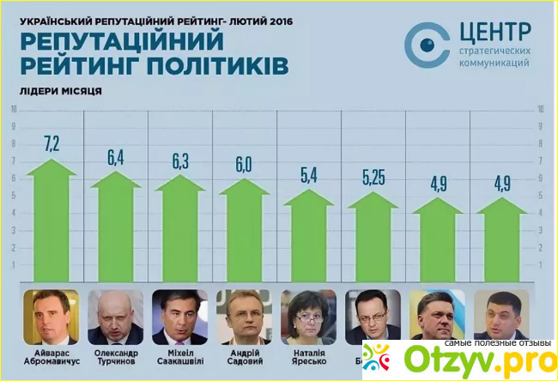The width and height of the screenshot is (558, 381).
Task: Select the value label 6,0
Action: tap(243, 164)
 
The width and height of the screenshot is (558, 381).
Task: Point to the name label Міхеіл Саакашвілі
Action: tap(179, 357)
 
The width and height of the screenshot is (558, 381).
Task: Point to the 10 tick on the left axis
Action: tap(13, 109)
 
